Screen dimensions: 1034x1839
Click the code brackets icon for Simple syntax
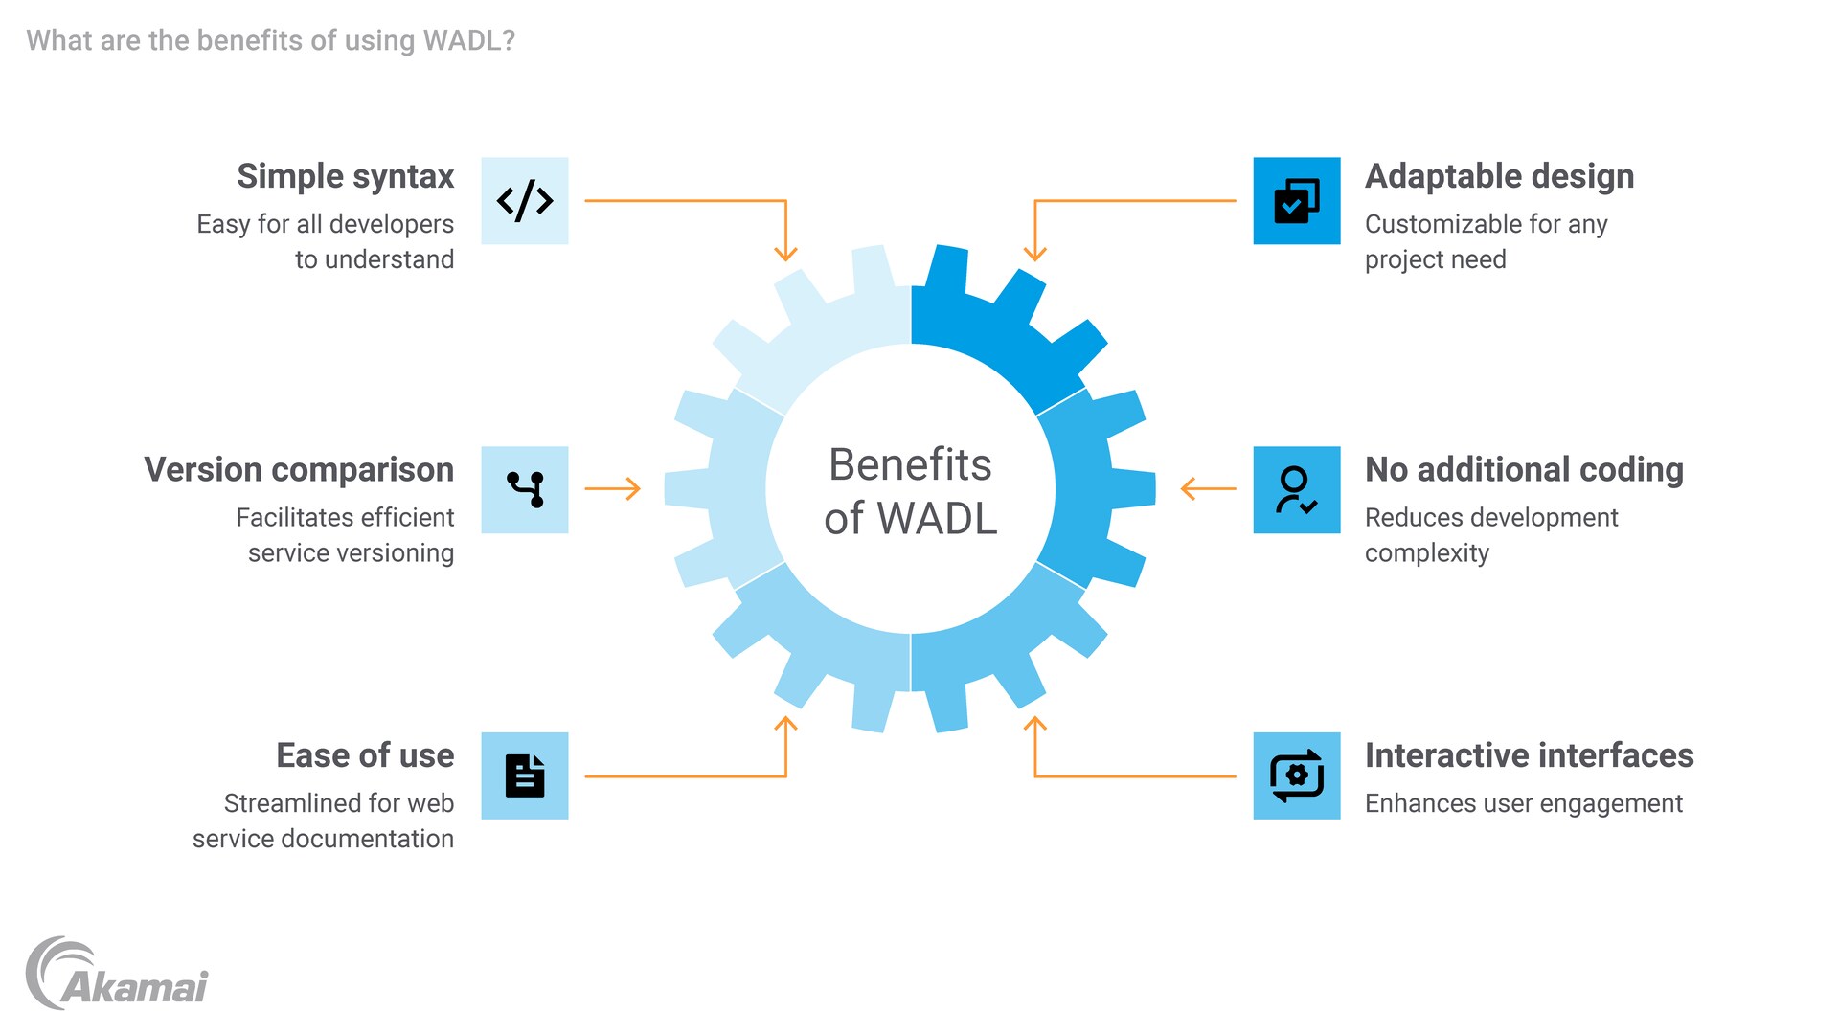525,201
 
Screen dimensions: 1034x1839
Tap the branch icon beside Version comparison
525,489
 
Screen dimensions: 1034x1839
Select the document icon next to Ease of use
525,775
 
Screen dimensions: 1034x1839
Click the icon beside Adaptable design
1297,201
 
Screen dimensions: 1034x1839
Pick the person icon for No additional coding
1297,489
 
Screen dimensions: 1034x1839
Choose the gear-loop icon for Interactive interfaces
1297,775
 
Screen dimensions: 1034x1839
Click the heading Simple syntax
346,176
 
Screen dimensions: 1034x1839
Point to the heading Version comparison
299,470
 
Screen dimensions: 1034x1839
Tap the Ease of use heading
365,755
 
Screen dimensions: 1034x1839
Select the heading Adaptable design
1499,176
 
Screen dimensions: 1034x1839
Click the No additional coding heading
1524,470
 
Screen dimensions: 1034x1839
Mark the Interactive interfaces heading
1529,755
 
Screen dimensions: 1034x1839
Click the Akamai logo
117,975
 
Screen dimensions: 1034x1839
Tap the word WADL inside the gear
937,519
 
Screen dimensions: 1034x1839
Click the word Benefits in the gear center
910,465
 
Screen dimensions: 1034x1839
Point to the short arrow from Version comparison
612,489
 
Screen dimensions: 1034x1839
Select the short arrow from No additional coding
1209,489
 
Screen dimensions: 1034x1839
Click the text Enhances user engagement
1523,803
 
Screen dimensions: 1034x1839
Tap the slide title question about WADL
271,40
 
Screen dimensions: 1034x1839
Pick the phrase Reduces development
1491,518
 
